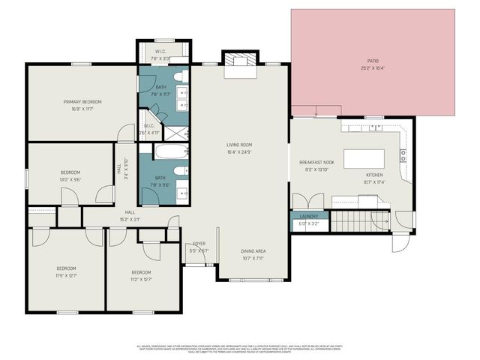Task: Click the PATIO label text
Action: point(373,61)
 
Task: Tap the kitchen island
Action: point(364,159)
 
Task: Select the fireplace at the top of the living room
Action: point(239,64)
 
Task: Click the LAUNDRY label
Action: point(309,216)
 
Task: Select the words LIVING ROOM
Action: point(239,145)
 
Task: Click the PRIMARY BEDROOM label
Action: point(82,102)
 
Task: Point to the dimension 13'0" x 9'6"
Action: point(70,179)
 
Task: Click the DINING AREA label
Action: point(253,251)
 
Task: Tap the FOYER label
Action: point(199,244)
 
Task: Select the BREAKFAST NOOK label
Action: point(316,163)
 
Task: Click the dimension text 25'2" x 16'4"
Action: point(373,67)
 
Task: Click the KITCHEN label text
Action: point(374,175)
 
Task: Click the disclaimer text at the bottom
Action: point(239,346)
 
